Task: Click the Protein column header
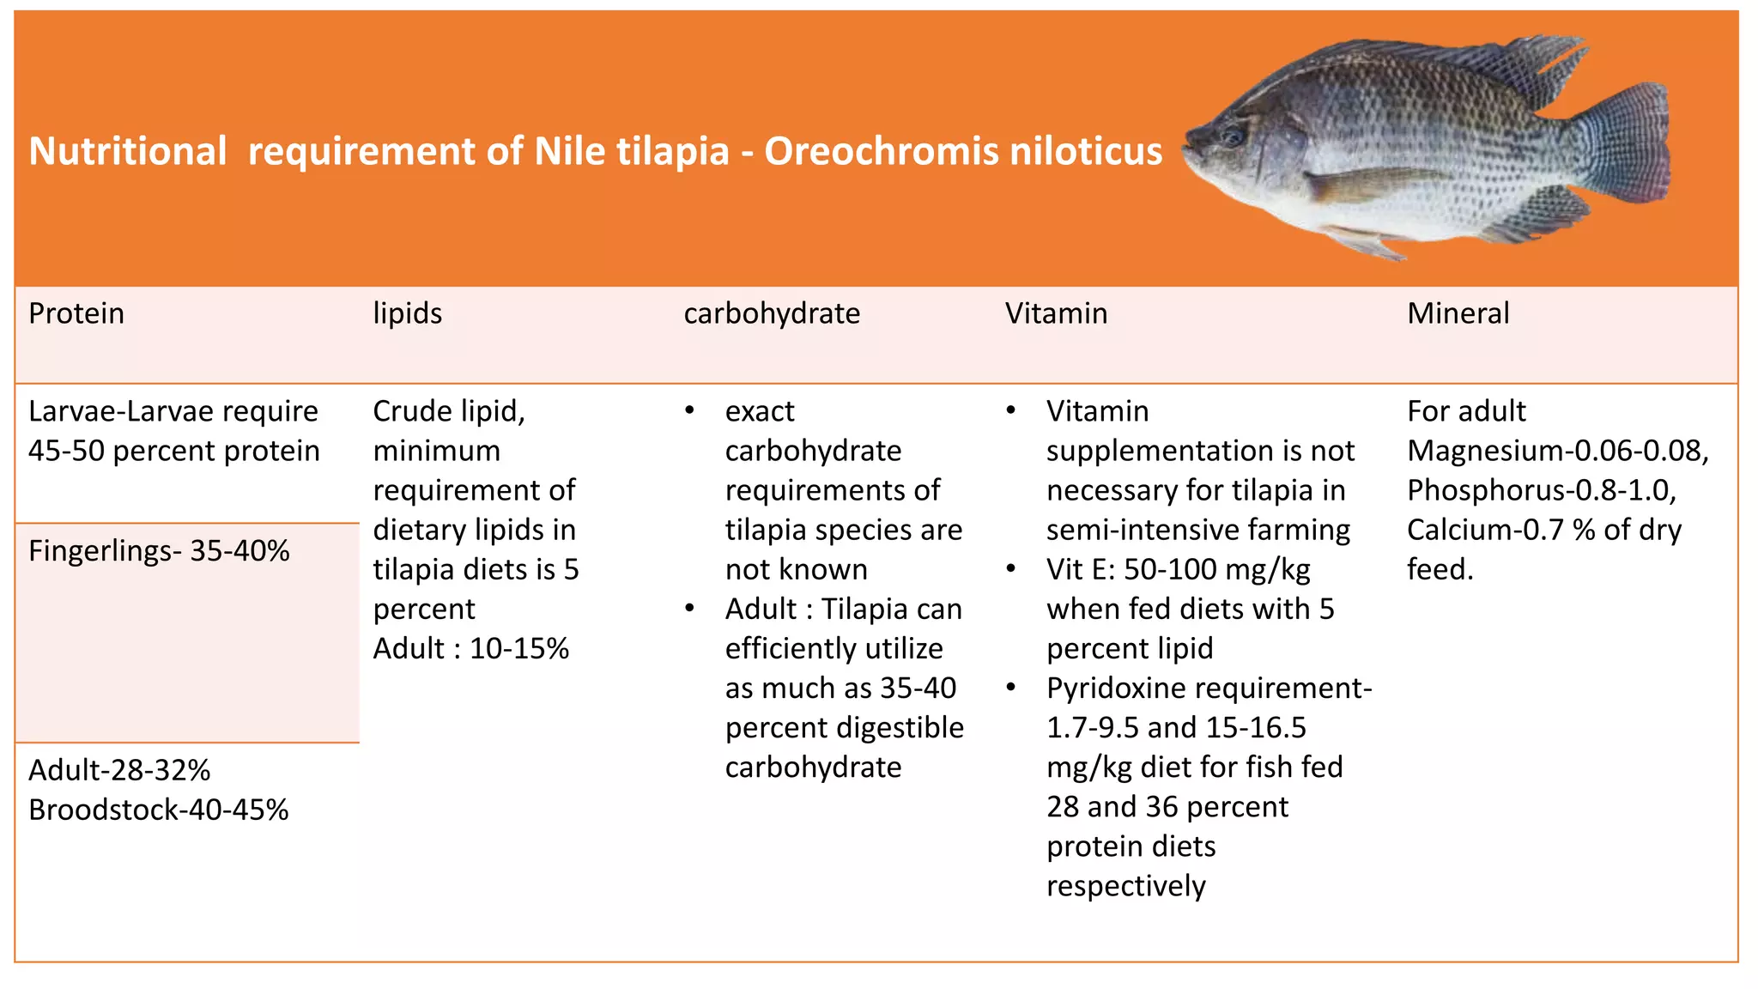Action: point(76,314)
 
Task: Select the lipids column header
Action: point(408,314)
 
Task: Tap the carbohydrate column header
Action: point(772,314)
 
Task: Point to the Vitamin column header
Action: point(1056,314)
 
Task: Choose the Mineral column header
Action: point(1458,314)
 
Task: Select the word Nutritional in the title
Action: point(128,152)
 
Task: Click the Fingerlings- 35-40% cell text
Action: point(159,551)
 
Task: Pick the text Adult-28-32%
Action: point(119,771)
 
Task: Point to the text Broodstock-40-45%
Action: point(159,810)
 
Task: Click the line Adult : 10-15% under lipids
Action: point(471,649)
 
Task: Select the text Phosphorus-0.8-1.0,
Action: point(1542,491)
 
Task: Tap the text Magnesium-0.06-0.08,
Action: point(1558,452)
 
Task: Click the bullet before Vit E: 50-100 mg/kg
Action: point(1012,568)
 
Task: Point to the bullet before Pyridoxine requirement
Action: point(1012,687)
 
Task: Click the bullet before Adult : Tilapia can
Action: point(690,608)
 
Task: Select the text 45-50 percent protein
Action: point(174,452)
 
